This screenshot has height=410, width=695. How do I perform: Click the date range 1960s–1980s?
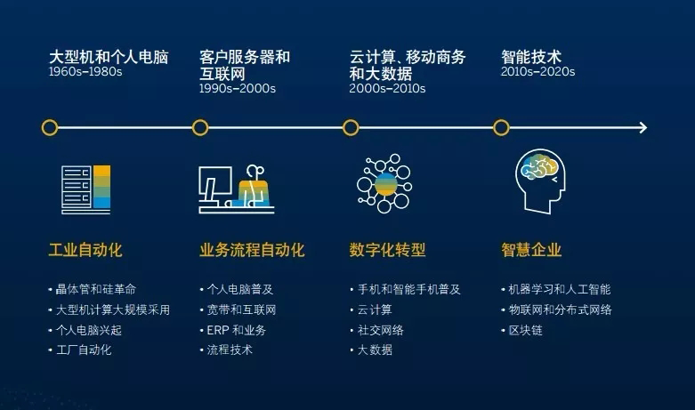pyautogui.click(x=85, y=72)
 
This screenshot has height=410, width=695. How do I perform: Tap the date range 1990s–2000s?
pyautogui.click(x=237, y=89)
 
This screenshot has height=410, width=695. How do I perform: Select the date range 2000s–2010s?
pyautogui.click(x=387, y=89)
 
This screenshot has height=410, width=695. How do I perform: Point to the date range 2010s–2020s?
pyautogui.click(x=537, y=72)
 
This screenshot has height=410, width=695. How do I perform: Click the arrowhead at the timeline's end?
pyautogui.click(x=642, y=128)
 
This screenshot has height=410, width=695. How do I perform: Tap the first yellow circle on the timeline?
pyautogui.click(x=50, y=127)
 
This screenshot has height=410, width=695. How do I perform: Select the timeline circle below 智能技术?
pyautogui.click(x=501, y=127)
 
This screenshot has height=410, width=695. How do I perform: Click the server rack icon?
pyautogui.click(x=86, y=189)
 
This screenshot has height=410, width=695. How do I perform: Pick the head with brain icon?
pyautogui.click(x=540, y=181)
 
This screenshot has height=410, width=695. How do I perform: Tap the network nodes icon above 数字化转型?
pyautogui.click(x=384, y=183)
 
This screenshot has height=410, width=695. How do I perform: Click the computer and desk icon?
pyautogui.click(x=236, y=189)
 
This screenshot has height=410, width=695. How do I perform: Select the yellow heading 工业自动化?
pyautogui.click(x=85, y=250)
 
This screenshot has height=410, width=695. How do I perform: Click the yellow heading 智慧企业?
pyautogui.click(x=531, y=250)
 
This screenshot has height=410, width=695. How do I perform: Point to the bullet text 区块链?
pyautogui.click(x=526, y=330)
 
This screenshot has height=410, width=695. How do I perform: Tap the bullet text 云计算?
pyautogui.click(x=375, y=310)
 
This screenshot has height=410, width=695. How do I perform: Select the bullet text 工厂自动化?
pyautogui.click(x=84, y=350)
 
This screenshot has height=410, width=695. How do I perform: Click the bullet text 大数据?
pyautogui.click(x=375, y=350)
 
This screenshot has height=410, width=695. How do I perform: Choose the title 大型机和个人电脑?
pyautogui.click(x=109, y=57)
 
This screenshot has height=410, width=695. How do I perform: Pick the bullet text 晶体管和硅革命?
pyautogui.click(x=96, y=290)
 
